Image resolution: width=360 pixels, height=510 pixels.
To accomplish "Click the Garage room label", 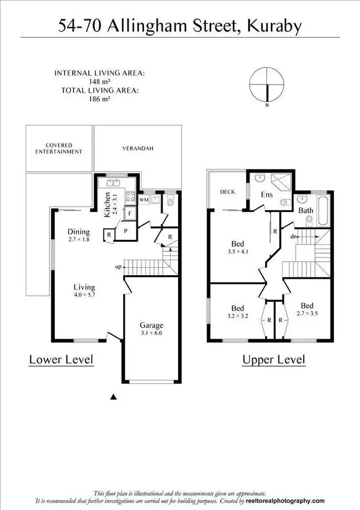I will [151, 325].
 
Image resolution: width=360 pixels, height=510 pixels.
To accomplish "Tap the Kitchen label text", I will [108, 204].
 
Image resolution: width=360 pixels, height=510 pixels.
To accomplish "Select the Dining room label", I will [79, 232].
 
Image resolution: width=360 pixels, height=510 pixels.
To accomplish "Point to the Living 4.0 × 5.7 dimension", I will [84, 295].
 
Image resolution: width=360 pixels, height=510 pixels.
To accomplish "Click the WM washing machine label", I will [144, 198].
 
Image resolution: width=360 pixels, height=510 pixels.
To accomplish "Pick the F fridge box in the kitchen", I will [130, 213].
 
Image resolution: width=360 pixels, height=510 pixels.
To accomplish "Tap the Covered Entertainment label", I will [59, 148].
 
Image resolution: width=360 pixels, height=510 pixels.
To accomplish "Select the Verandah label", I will [137, 149].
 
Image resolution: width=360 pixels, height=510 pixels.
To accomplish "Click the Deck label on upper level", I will [227, 192].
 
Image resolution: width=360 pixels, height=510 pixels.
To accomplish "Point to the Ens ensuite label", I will [266, 195].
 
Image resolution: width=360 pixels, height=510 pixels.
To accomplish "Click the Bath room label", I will [306, 210].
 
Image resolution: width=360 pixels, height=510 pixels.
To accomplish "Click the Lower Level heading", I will [61, 359].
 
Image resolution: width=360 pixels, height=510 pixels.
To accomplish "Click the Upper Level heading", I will [274, 359].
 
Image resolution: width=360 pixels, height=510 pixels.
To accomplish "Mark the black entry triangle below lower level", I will [114, 396].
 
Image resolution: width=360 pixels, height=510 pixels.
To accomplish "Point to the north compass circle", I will [266, 84].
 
